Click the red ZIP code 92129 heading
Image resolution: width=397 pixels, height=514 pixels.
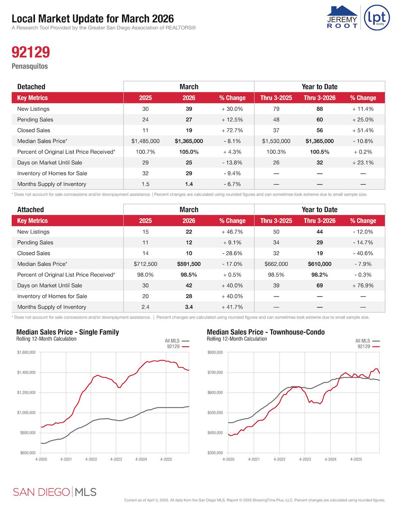click(31, 52)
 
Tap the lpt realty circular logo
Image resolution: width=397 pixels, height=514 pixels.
click(377, 18)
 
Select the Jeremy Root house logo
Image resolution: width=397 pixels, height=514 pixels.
click(342, 17)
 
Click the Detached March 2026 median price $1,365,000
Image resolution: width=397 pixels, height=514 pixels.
click(189, 141)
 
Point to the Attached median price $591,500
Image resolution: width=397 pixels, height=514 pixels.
click(189, 264)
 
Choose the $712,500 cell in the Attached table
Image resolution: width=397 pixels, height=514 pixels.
click(146, 264)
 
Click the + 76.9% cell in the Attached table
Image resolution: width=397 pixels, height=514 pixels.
click(363, 286)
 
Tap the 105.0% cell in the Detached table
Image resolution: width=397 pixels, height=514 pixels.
click(189, 152)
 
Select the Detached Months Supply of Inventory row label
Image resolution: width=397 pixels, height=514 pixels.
click(52, 184)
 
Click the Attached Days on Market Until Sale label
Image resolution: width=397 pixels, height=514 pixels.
click(50, 286)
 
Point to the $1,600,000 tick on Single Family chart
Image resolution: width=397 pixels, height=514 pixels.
click(26, 353)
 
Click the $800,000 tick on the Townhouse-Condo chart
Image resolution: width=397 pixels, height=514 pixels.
click(215, 353)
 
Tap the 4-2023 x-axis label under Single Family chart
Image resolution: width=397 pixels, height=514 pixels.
click(116, 460)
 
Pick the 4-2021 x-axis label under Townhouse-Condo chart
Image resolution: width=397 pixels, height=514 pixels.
click(254, 460)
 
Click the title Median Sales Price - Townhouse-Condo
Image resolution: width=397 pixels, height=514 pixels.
click(266, 332)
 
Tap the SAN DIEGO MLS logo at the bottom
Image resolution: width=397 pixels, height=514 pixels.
click(55, 492)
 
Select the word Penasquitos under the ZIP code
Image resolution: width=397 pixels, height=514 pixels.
click(30, 67)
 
